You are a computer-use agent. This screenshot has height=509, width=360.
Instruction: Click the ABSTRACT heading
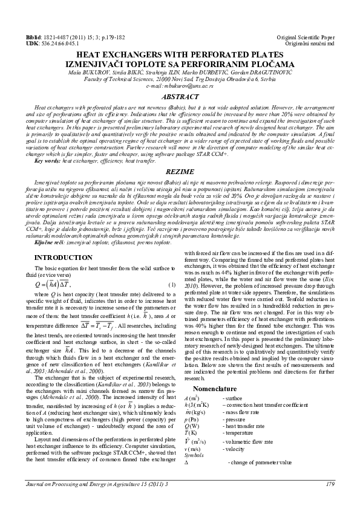(x=180, y=96)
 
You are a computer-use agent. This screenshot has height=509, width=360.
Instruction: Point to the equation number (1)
(x=171, y=284)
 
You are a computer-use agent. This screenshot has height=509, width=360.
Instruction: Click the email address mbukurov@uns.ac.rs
(x=180, y=86)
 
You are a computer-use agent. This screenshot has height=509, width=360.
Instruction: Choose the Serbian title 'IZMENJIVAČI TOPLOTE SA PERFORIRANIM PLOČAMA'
(x=180, y=65)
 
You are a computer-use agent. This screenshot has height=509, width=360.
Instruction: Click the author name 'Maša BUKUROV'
(x=90, y=73)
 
